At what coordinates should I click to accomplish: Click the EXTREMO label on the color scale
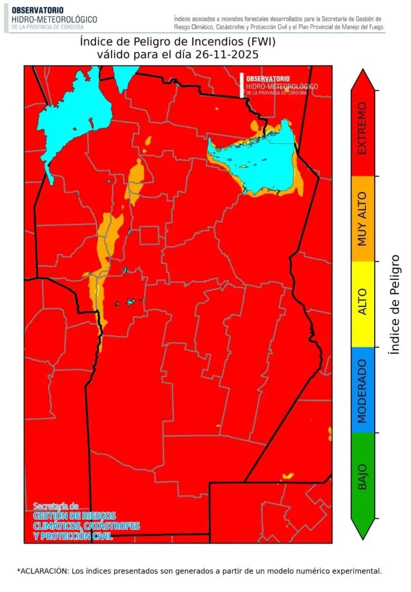[362, 128]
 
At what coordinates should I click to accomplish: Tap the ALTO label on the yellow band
[362, 304]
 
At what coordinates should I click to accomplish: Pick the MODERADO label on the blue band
[362, 390]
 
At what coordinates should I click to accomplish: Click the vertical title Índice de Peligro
[395, 304]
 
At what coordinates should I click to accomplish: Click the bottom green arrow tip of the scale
[362, 536]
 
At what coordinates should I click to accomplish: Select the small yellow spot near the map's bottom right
[287, 476]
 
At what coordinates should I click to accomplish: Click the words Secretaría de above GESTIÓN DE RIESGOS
[55, 505]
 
